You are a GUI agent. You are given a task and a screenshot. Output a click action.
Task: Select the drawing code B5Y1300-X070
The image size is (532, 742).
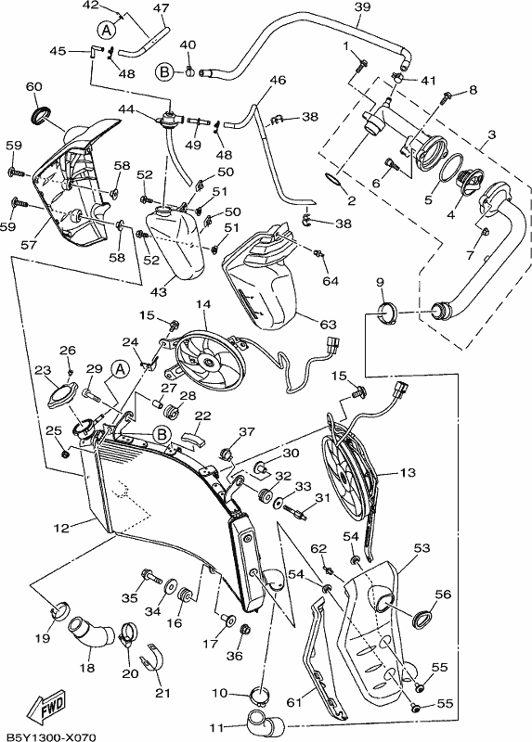click(x=48, y=736)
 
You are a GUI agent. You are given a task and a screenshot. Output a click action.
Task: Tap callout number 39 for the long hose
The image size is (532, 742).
click(x=362, y=7)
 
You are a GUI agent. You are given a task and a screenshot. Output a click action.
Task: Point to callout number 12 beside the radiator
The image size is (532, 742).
click(x=61, y=527)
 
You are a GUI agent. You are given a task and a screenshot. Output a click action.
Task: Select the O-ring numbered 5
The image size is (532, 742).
click(x=453, y=167)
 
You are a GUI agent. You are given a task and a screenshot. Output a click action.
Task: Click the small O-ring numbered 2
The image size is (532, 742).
click(x=332, y=179)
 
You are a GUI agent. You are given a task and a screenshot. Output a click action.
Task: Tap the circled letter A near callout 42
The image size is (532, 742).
click(x=107, y=30)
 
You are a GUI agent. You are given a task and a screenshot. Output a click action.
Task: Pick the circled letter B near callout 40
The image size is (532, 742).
click(x=164, y=72)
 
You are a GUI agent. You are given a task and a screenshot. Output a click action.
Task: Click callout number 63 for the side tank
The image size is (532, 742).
click(x=328, y=325)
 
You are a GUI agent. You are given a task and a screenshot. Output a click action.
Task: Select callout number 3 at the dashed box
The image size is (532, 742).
click(x=491, y=134)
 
